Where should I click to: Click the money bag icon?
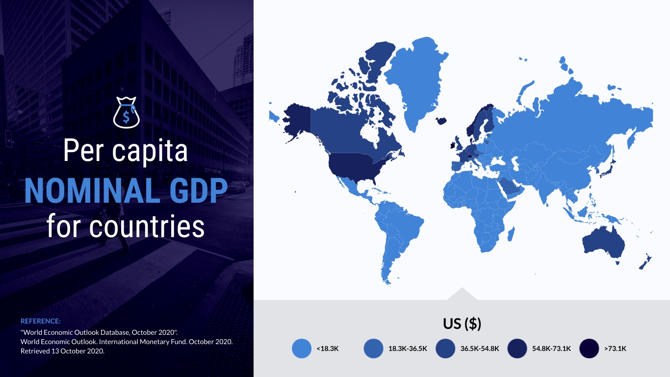click(x=126, y=112)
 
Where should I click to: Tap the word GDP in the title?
click(x=199, y=191)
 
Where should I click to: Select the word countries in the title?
click(x=147, y=227)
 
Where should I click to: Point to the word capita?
click(x=150, y=151)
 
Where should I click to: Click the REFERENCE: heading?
click(x=40, y=321)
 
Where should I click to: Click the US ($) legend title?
click(x=462, y=323)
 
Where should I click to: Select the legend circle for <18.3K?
click(x=302, y=349)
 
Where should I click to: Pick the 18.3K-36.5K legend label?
click(x=408, y=349)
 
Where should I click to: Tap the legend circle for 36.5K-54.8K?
click(x=445, y=349)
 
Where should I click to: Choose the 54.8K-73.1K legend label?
click(x=551, y=349)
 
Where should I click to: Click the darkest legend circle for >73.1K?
click(x=589, y=349)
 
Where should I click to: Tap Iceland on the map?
click(x=441, y=121)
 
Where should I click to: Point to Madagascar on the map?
click(x=511, y=234)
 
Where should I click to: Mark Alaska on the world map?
click(x=296, y=121)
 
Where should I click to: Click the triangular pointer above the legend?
click(x=462, y=295)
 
